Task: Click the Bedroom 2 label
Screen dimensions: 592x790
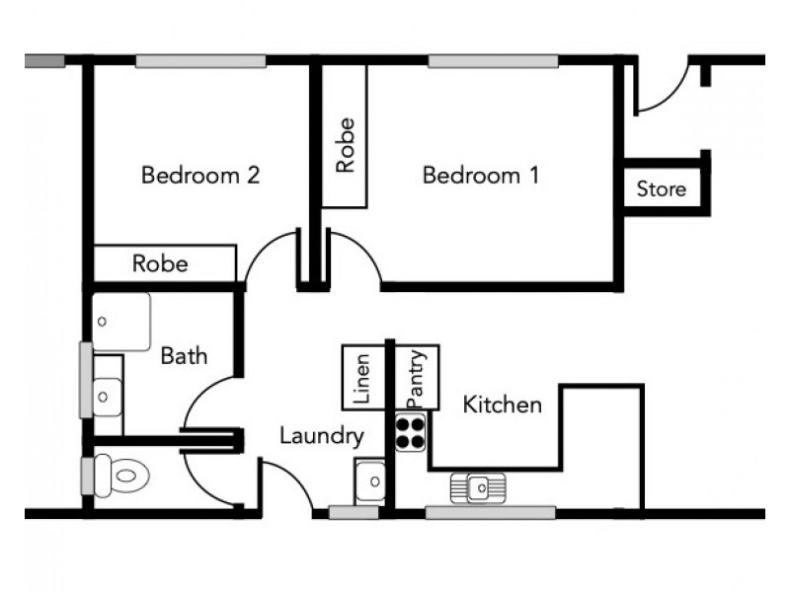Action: [x=200, y=176]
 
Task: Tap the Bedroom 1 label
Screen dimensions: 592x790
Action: [x=481, y=176]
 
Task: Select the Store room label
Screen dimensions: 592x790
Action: [x=661, y=188]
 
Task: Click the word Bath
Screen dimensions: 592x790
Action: [x=185, y=355]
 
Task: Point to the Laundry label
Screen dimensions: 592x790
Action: [x=321, y=435]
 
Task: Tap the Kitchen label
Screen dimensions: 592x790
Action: [x=503, y=405]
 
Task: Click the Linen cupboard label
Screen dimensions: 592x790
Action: [x=361, y=378]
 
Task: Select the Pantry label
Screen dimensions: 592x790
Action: [x=417, y=377]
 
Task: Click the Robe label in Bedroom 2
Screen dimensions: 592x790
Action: [x=160, y=263]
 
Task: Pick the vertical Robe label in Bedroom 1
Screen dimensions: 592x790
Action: [x=345, y=145]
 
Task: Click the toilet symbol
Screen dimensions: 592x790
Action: [x=124, y=477]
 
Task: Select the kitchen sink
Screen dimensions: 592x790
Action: [x=479, y=486]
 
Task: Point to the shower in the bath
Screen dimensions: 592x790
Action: [x=122, y=321]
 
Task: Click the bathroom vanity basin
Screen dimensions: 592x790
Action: [x=107, y=396]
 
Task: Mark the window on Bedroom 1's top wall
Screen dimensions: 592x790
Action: [x=492, y=61]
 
